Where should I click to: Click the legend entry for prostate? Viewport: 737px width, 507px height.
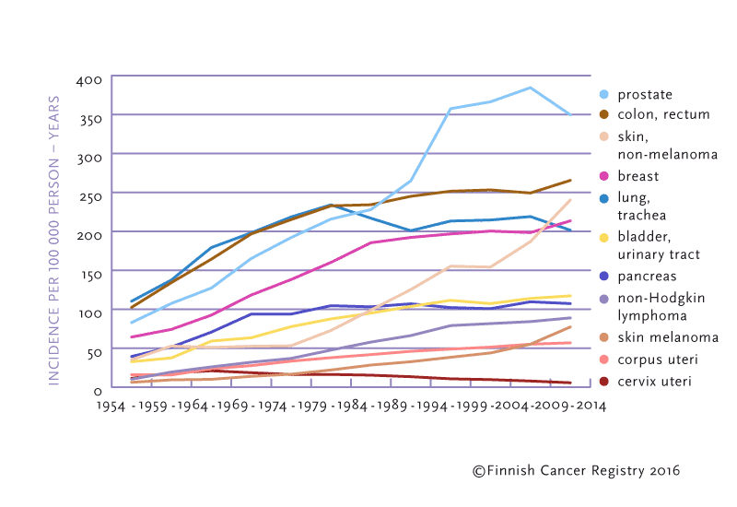(645, 94)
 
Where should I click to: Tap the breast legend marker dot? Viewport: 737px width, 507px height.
(604, 175)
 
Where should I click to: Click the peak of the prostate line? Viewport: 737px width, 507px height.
(530, 88)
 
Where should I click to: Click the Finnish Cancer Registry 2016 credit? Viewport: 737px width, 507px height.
(576, 471)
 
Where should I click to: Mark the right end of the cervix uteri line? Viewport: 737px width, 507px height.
(571, 383)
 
